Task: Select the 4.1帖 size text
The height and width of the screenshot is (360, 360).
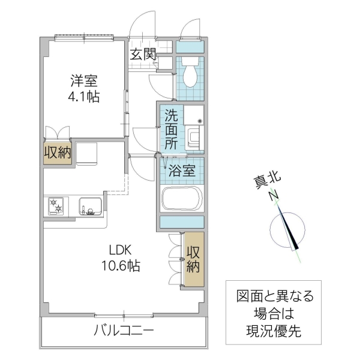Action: click(x=83, y=96)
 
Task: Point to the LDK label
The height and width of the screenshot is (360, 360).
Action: click(x=119, y=250)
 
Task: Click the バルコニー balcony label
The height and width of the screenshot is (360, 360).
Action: click(x=124, y=331)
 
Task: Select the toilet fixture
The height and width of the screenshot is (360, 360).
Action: click(x=190, y=74)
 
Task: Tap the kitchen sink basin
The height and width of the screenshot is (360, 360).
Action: click(x=89, y=206)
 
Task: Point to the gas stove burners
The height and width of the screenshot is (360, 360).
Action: click(x=58, y=206)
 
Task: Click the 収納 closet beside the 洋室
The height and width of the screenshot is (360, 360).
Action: click(x=58, y=152)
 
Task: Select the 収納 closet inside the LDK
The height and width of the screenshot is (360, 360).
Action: click(x=193, y=258)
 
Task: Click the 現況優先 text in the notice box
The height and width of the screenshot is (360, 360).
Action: click(x=273, y=331)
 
